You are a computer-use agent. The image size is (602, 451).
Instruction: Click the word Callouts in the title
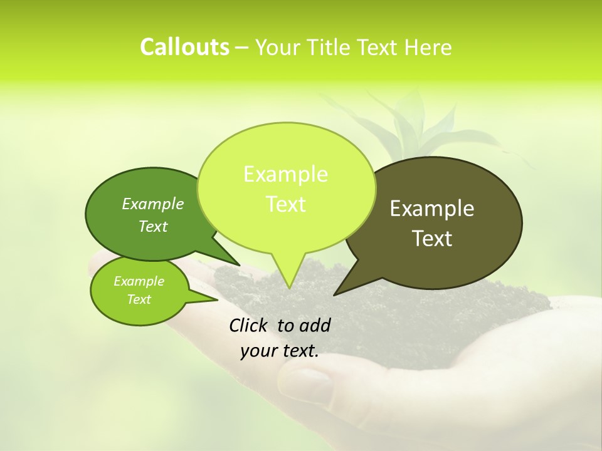pos(184,47)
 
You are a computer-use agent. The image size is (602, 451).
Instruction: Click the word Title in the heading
pos(331,47)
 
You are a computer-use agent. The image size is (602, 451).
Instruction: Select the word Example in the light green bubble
pos(285,174)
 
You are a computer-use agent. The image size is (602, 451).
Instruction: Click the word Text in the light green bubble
pos(285,204)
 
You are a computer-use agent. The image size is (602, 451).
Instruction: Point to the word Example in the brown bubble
pos(432,209)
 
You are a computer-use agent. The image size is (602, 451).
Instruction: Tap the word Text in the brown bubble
pos(432,239)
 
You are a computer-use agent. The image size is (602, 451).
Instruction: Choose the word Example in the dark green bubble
pos(153,204)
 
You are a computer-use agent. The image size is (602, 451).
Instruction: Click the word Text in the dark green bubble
pos(153,227)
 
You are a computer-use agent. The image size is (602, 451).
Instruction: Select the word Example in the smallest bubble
pos(139,281)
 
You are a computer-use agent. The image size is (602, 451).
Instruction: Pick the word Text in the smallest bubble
pos(139,299)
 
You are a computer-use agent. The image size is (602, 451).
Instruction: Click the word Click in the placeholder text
pos(250,325)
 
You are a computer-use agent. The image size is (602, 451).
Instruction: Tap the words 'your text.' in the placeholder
pos(280,351)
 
